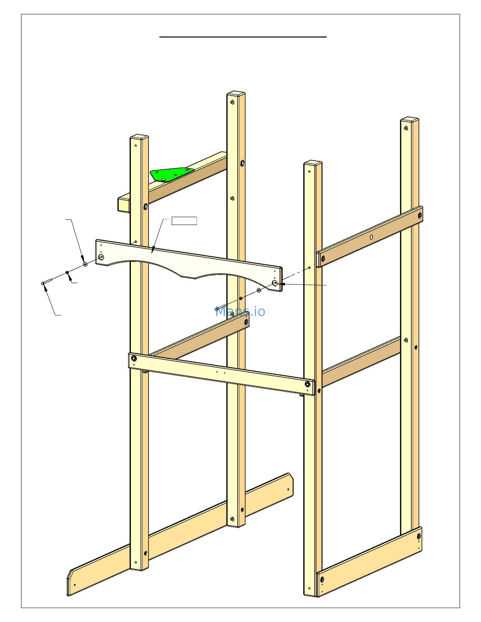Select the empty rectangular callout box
(184, 221)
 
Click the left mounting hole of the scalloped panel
(101, 257)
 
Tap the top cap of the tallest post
(236, 94)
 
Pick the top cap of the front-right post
(313, 163)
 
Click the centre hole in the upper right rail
(371, 237)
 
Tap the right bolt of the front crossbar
(308, 384)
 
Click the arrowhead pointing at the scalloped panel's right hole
(282, 284)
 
